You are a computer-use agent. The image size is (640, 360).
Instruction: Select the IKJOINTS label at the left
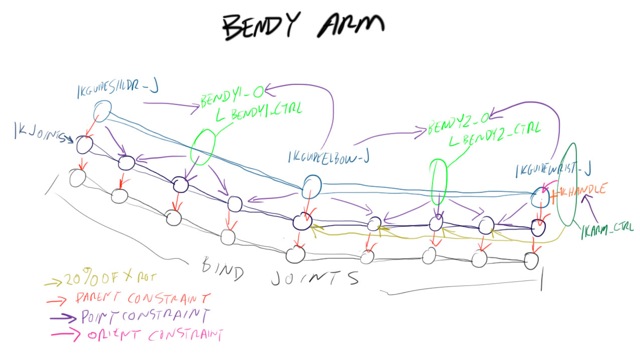point(38,130)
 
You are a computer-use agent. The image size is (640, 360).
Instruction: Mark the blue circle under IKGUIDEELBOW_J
point(310,184)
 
